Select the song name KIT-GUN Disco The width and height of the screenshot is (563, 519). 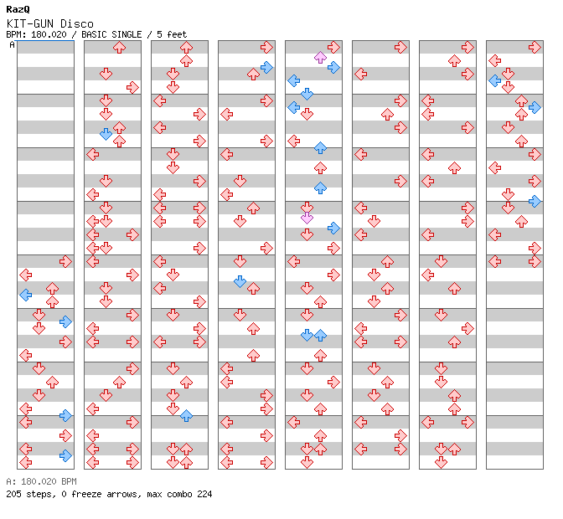point(49,23)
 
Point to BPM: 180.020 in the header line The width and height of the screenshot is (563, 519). point(41,34)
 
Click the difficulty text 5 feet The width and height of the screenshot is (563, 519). point(171,34)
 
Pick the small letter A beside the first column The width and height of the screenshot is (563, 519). point(12,44)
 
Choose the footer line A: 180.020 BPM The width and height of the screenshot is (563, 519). point(41,481)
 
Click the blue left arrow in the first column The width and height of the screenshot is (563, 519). point(25,295)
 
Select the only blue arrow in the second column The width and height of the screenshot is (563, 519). point(106,134)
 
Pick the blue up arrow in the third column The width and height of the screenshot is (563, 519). point(186,415)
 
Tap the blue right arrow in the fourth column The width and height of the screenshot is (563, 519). point(266,67)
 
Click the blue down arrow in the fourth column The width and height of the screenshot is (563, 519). point(240,281)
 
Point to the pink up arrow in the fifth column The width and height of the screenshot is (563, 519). point(320,57)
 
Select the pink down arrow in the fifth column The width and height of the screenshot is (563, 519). point(307,218)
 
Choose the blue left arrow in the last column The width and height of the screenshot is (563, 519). point(494,80)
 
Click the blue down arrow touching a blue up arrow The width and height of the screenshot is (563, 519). point(307,335)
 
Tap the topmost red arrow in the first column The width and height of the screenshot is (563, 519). point(65,261)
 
